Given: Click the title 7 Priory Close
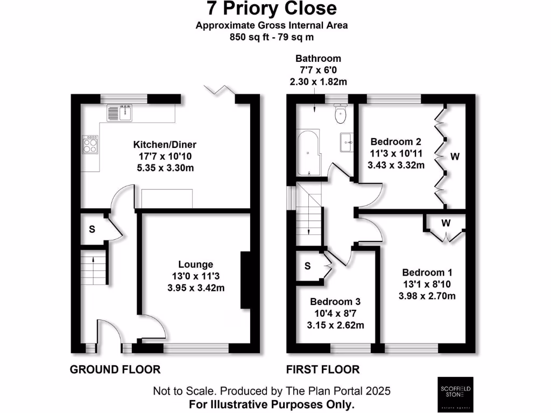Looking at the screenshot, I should pyautogui.click(x=272, y=9).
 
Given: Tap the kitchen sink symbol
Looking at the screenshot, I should pyautogui.click(x=120, y=113).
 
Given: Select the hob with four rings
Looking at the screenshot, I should pyautogui.click(x=90, y=144).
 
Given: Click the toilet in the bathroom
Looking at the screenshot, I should pyautogui.click(x=341, y=113).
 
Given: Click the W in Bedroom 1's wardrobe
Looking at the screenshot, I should pyautogui.click(x=447, y=222).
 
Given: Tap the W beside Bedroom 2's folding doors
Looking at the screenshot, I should pyautogui.click(x=455, y=156).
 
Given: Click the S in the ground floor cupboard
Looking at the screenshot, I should pyautogui.click(x=92, y=230).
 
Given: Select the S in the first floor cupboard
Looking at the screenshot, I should pyautogui.click(x=307, y=266).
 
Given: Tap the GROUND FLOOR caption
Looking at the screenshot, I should pyautogui.click(x=115, y=369).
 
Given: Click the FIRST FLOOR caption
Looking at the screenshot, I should pyautogui.click(x=323, y=369).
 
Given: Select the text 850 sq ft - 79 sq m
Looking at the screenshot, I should pyautogui.click(x=272, y=37).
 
